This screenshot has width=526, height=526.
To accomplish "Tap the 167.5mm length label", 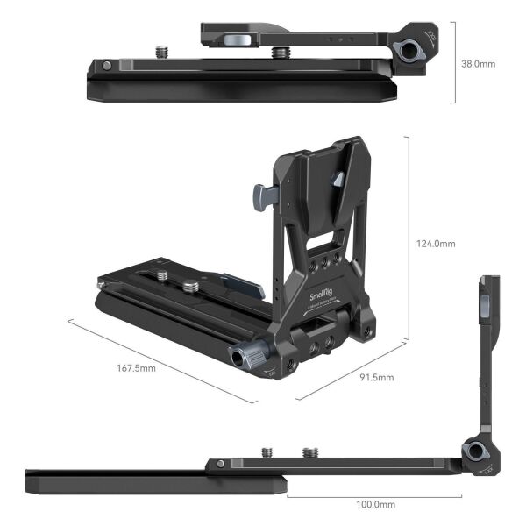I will (137, 368).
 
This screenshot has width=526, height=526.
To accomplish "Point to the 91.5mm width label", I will (375, 378).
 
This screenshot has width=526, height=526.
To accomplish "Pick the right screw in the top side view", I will (279, 53).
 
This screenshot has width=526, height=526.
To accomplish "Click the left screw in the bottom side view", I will (267, 451).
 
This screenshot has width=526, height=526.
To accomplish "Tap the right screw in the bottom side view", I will (309, 452).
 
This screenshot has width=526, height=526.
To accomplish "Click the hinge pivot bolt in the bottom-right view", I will (474, 452).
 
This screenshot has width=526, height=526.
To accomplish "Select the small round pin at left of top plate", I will (106, 66).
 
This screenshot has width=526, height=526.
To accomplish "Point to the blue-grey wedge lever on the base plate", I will (241, 285).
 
